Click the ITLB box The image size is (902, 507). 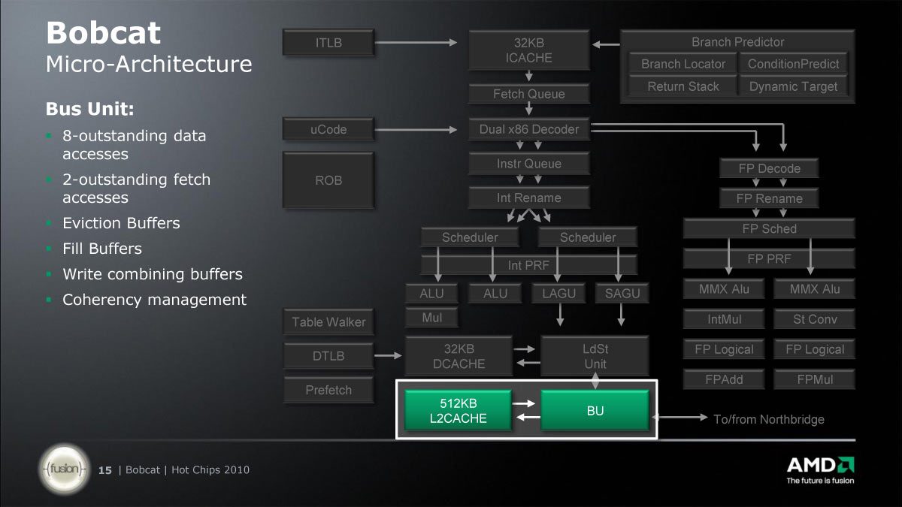pos(328,42)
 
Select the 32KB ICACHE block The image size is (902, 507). pos(529,50)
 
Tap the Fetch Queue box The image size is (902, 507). pos(529,94)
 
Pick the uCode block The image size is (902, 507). pos(328,129)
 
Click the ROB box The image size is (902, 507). pos(328,180)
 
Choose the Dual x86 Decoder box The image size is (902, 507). pos(529,129)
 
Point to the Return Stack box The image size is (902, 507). pos(683,86)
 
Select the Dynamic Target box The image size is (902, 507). pos(793,86)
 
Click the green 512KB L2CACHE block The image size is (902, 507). pos(459,410)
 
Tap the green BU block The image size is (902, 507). pos(595,410)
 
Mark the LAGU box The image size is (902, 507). pos(558,293)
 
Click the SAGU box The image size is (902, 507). pos(622,293)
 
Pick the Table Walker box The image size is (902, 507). pos(328,322)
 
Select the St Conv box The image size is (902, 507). pos(815,319)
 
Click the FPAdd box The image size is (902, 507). pos(724,379)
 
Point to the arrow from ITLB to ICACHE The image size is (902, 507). pos(416,42)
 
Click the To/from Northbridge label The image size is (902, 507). pos(769,419)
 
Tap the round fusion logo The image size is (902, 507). pos(65,469)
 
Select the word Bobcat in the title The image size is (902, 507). pos(104,32)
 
